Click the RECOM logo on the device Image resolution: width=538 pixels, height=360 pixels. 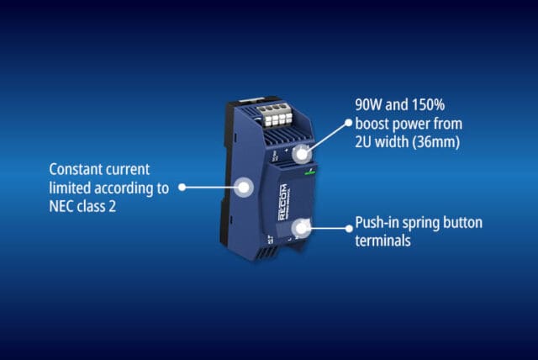(x=283, y=203)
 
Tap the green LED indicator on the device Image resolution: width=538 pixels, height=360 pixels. (x=310, y=172)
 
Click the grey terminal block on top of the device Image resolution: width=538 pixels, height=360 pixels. (x=276, y=115)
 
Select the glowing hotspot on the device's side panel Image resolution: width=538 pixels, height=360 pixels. (x=244, y=188)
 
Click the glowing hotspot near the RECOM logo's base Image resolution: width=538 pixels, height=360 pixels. (x=301, y=228)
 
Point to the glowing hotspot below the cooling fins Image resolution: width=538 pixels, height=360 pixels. (x=302, y=154)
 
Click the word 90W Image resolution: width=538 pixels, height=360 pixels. (x=368, y=104)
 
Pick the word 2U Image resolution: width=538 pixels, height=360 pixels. (x=363, y=142)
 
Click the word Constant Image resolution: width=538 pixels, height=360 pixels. (x=76, y=170)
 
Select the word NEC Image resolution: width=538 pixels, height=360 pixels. (x=61, y=207)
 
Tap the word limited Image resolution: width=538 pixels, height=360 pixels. (x=70, y=188)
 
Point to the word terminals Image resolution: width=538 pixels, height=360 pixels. (x=383, y=241)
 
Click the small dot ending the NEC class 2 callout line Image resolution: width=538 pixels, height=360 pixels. (x=182, y=188)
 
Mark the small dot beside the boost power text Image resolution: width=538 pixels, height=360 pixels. (x=349, y=123)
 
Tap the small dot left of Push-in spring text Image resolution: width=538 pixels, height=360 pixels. (x=350, y=228)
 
